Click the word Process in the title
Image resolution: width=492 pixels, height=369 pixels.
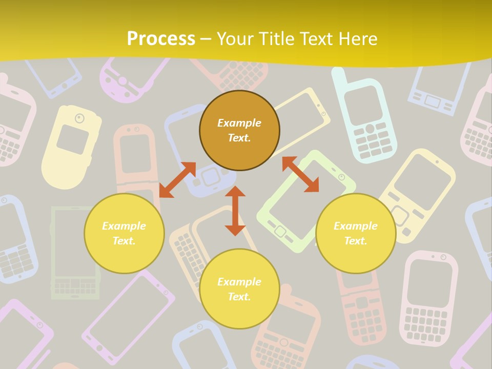point(160,39)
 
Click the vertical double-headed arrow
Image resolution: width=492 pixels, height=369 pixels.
point(235,211)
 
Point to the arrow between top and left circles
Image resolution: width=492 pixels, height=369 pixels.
point(177,180)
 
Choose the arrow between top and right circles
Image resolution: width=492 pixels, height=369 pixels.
point(300,174)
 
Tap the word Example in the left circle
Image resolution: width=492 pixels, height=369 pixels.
point(124,226)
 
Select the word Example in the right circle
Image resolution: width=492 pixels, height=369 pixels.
point(356,226)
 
